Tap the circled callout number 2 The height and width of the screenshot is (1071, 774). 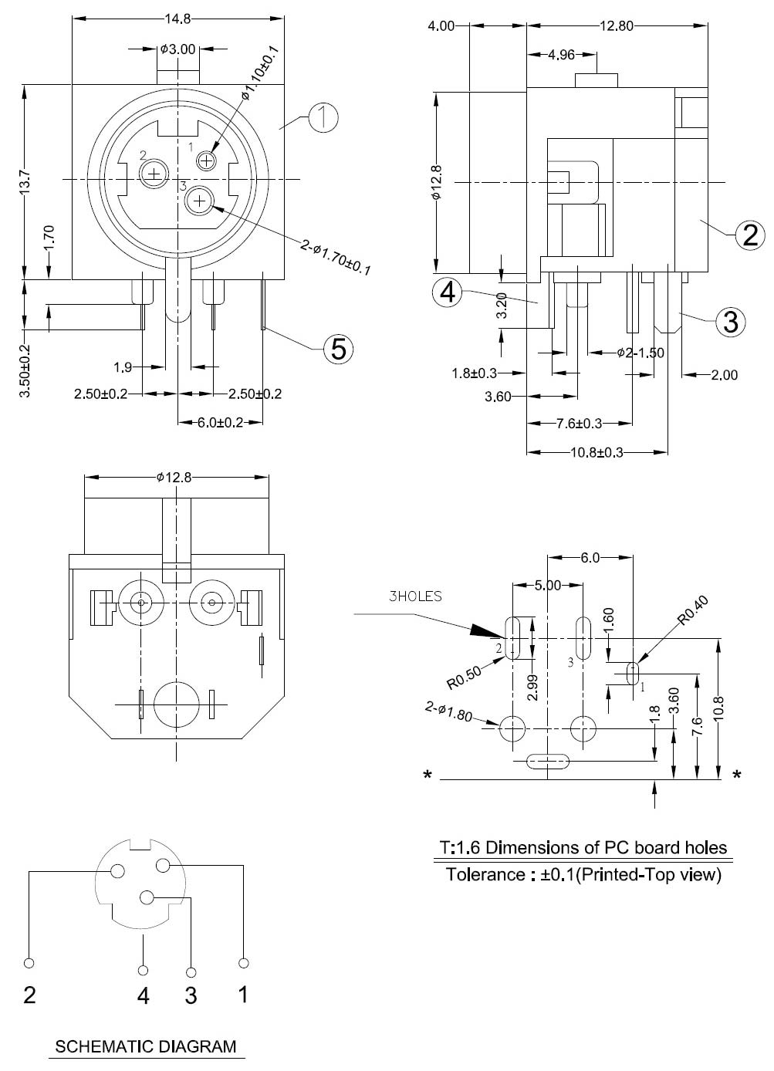749,235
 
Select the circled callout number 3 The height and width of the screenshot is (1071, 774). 730,321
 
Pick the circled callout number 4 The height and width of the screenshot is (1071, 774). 448,293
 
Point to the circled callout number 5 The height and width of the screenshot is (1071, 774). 338,349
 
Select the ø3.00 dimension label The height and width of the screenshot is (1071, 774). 178,49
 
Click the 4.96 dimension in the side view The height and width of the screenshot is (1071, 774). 561,55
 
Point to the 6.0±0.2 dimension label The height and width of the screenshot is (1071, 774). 221,422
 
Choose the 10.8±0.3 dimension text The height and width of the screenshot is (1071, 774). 597,452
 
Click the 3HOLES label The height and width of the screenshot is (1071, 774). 415,596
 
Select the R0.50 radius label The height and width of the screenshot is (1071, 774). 464,677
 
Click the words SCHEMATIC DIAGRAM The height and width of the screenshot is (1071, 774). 146,1047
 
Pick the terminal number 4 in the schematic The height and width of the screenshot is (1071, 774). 143,996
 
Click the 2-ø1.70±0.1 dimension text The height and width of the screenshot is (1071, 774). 336,258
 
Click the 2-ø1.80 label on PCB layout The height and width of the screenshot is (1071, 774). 448,711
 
